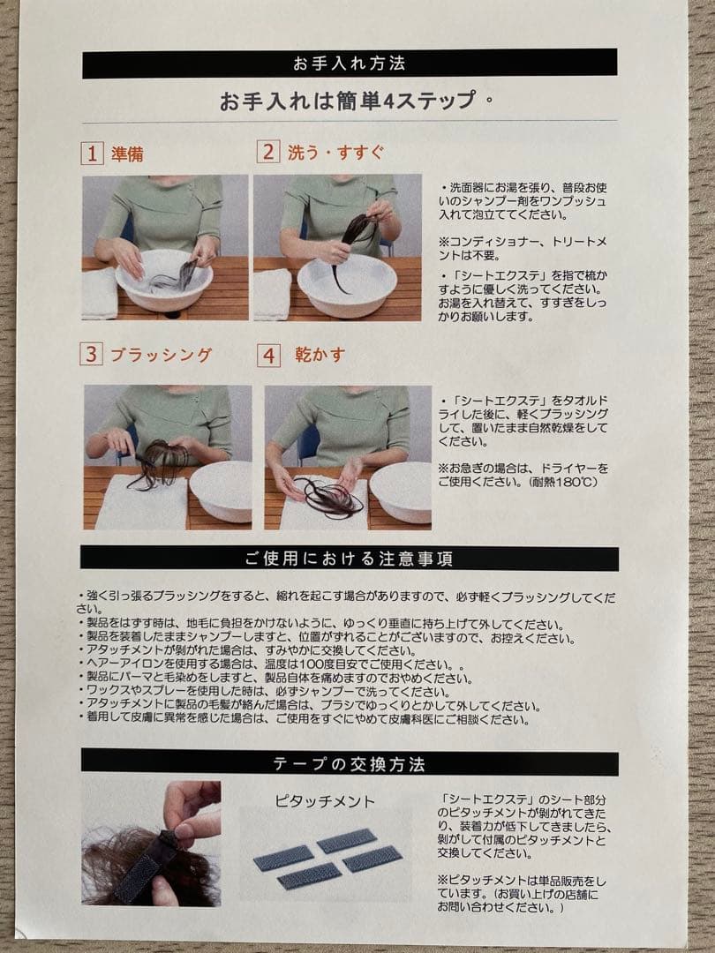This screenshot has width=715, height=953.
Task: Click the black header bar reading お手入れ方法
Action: tap(350, 64)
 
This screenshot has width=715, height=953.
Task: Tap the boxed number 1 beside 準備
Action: tap(93, 154)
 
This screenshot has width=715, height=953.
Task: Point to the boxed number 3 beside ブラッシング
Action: tap(92, 355)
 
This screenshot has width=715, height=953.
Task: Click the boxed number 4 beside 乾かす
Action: tap(268, 356)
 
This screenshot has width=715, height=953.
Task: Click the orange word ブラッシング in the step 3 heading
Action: tap(161, 355)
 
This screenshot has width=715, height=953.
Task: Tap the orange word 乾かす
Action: tap(320, 355)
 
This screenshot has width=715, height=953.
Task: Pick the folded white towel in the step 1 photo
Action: tap(99, 293)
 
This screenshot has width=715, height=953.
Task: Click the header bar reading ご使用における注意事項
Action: tap(350, 558)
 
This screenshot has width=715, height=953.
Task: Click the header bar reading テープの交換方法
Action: tap(350, 762)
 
